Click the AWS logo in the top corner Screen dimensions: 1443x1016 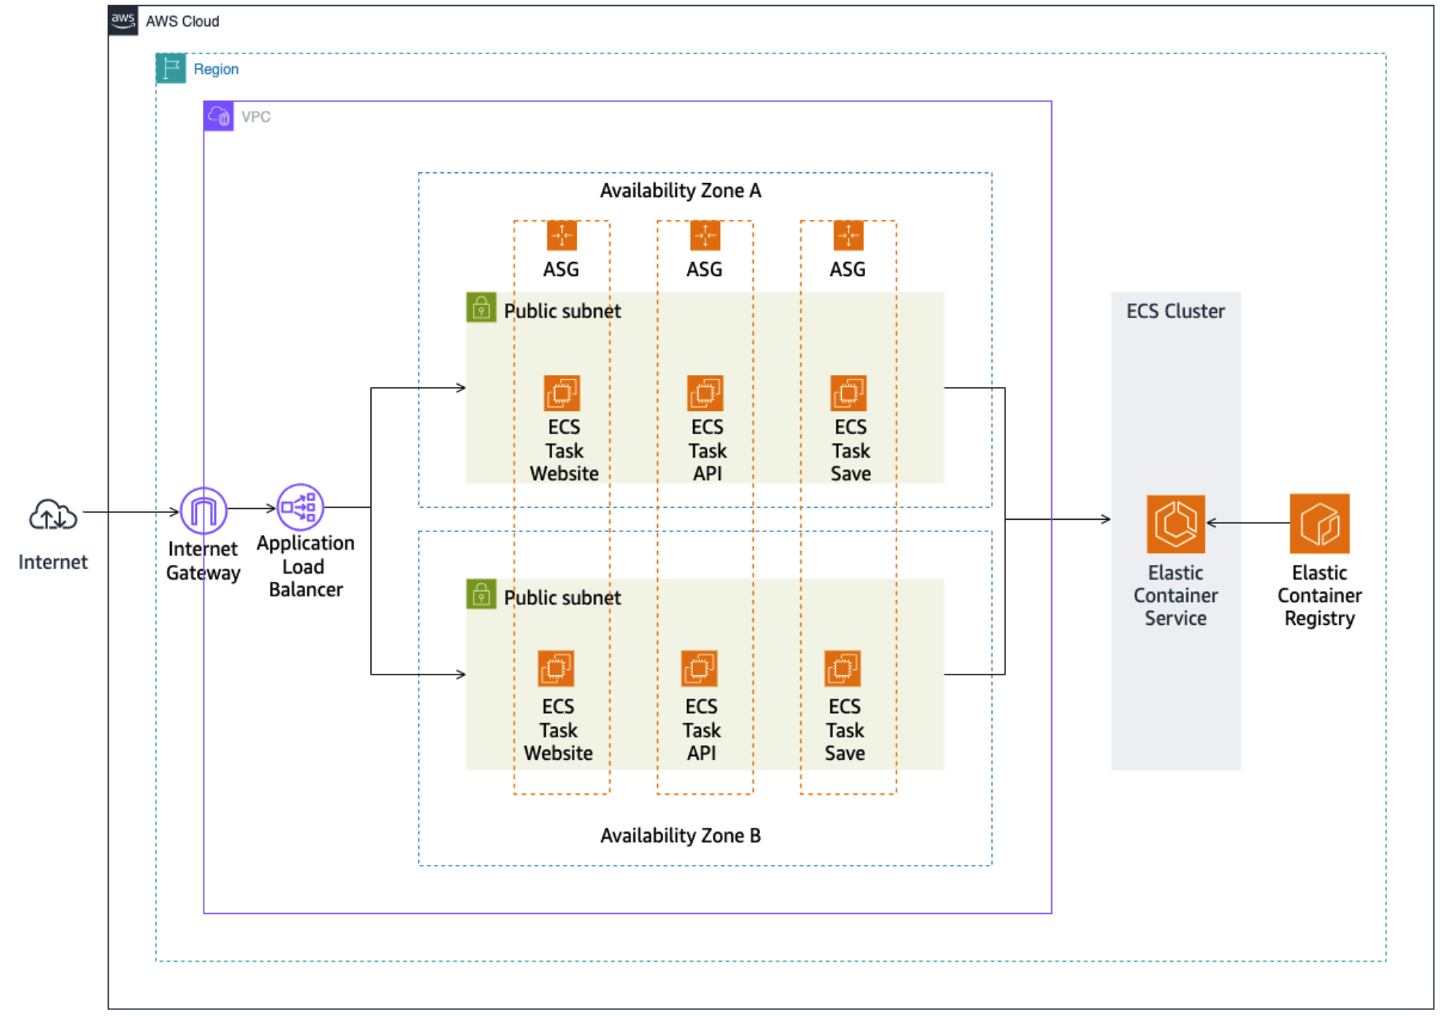tap(123, 20)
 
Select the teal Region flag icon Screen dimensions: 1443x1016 tap(171, 69)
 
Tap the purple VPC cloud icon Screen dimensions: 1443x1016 tap(219, 116)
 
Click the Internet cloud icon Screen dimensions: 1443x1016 tap(53, 515)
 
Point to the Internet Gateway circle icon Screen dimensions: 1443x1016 tap(204, 510)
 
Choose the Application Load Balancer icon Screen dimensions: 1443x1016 tap(300, 507)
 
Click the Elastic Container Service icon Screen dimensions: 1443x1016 tap(1175, 524)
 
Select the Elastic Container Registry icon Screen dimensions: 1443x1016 tap(1319, 523)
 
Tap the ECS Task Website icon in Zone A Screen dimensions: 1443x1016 tap(562, 393)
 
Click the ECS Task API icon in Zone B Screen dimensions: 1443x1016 tap(699, 669)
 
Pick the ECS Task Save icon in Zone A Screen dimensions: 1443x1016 tap(848, 393)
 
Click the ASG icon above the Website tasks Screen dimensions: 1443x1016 tap(562, 236)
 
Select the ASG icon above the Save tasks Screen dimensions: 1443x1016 tap(848, 236)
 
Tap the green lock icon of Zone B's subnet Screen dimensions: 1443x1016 tap(481, 594)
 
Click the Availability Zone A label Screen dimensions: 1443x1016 tap(680, 190)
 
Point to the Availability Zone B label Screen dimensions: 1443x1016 tap(680, 836)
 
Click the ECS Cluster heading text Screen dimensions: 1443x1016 tap(1175, 311)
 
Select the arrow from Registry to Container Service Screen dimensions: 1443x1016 tap(1247, 523)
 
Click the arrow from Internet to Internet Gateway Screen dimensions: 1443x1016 tap(131, 512)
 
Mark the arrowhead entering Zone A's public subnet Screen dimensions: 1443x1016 tap(461, 388)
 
